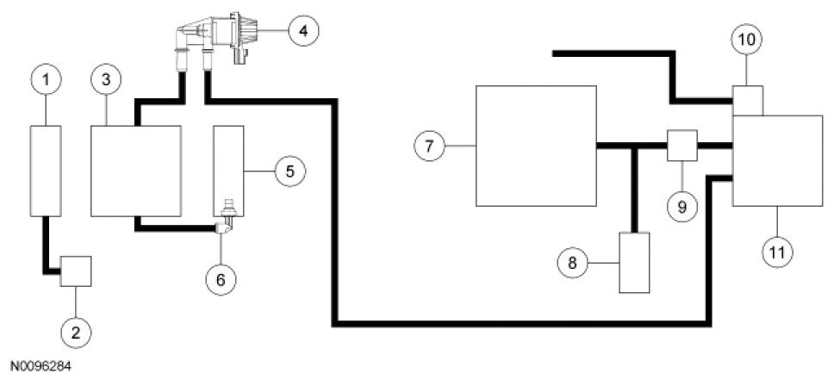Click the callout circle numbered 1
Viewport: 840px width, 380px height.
46,80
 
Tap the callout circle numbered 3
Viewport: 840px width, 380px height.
105,80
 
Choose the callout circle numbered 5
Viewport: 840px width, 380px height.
289,171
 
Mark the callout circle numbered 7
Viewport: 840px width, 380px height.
428,146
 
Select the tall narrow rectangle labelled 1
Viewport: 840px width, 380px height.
46,169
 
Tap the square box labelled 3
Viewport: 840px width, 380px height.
135,169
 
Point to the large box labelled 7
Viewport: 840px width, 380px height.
537,146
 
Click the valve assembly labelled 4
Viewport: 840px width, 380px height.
220,32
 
